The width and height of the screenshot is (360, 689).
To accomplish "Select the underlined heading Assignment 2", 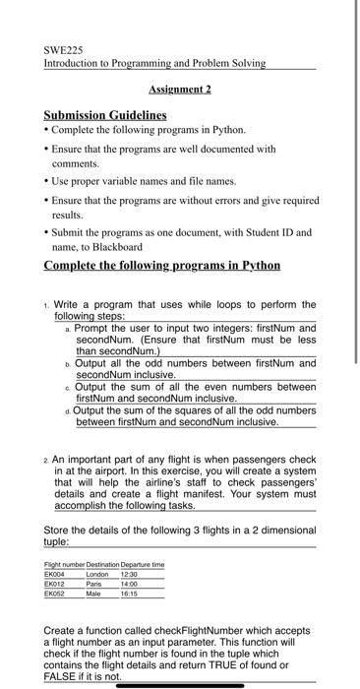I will pyautogui.click(x=180, y=89).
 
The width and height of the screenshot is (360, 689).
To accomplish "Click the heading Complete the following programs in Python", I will pyautogui.click(x=162, y=266).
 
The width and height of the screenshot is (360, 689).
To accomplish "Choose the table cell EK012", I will pyautogui.click(x=56, y=582).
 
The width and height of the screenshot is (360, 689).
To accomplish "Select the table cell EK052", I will pyautogui.click(x=56, y=592).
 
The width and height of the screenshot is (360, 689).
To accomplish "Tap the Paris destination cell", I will pyautogui.click(x=95, y=582).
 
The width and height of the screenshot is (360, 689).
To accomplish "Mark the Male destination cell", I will pyautogui.click(x=95, y=592).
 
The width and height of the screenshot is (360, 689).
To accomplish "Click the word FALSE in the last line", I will pyautogui.click(x=61, y=674).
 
